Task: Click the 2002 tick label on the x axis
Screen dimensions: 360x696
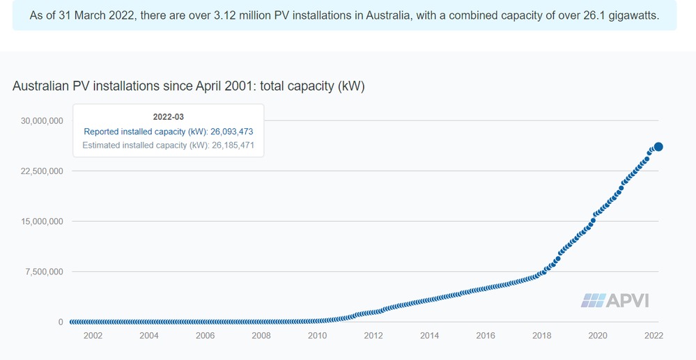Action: [93, 336]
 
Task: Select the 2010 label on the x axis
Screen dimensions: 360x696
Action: [317, 336]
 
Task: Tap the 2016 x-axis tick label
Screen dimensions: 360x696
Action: [486, 336]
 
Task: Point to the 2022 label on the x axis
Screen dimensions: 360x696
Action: [654, 336]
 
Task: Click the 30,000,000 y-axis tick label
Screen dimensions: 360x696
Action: [42, 121]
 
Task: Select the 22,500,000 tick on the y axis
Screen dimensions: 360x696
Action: [42, 171]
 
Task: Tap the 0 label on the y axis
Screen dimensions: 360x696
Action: [61, 322]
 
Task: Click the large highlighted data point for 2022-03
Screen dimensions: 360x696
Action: [658, 147]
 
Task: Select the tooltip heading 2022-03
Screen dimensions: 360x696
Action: [168, 117]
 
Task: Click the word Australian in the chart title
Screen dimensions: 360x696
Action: [42, 86]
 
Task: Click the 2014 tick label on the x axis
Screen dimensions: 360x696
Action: [429, 336]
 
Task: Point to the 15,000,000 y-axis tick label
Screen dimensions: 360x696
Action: [42, 221]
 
